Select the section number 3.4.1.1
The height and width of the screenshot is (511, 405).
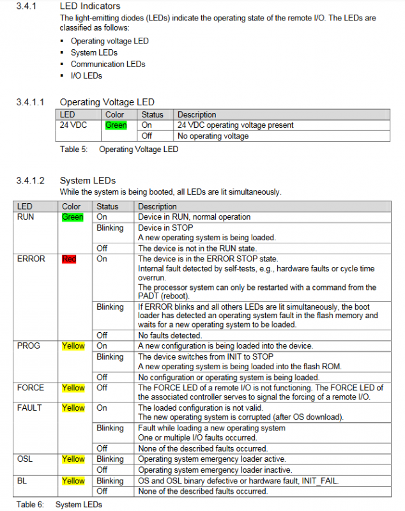(30, 102)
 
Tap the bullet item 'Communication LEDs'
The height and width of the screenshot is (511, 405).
(108, 64)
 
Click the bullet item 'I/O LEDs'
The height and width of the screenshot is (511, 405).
(86, 75)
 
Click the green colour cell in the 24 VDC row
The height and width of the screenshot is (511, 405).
(116, 125)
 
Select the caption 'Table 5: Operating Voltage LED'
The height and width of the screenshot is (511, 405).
(119, 149)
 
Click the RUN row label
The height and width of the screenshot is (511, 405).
(26, 217)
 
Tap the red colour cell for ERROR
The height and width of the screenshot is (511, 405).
(68, 259)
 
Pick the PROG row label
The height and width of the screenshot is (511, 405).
(28, 346)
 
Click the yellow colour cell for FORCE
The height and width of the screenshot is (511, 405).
(73, 388)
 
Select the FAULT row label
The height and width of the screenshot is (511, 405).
(29, 408)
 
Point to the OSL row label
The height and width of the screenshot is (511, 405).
(26, 459)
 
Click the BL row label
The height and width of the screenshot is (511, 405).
(23, 480)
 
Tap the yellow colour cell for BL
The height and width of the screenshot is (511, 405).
(73, 480)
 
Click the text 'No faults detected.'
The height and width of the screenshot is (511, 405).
(170, 335)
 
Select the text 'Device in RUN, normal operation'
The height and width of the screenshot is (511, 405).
(194, 217)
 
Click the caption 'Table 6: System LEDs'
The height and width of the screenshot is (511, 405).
(59, 505)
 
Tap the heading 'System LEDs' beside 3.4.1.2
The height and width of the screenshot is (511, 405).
(88, 181)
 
